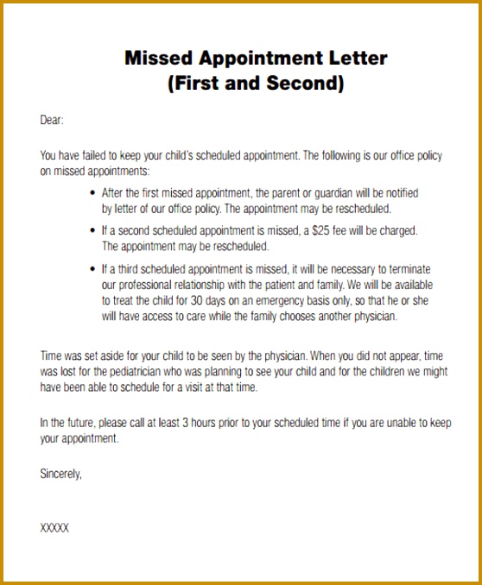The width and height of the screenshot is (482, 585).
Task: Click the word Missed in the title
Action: coord(155,60)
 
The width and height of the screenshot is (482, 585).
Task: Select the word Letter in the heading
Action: coord(354,60)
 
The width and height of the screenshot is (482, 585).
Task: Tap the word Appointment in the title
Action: coord(256,60)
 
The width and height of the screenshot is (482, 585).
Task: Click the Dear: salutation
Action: coord(52,120)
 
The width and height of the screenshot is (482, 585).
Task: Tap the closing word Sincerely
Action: coord(60,473)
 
